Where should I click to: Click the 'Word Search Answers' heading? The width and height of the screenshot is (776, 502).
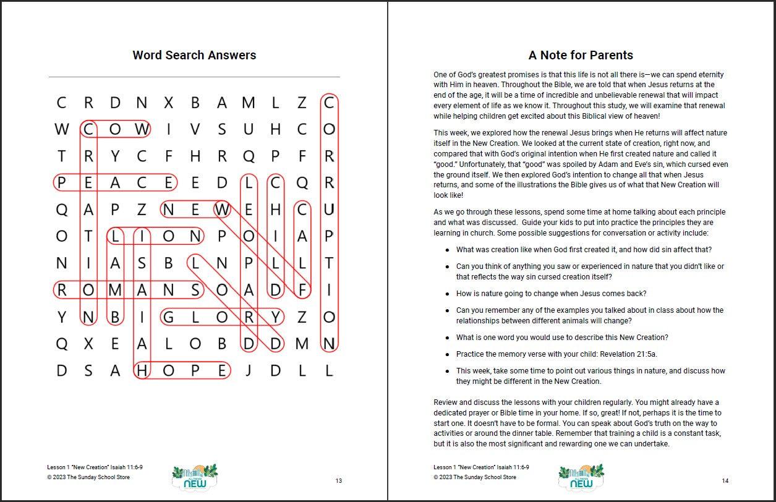(194, 55)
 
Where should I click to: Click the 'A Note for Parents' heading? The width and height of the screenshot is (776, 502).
(581, 55)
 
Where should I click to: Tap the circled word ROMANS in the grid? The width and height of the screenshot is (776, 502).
(129, 289)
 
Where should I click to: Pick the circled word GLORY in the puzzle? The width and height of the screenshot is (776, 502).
(222, 317)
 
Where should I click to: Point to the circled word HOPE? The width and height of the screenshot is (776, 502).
(182, 370)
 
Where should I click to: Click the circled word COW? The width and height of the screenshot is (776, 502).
(116, 129)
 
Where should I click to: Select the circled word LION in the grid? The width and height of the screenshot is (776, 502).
(155, 236)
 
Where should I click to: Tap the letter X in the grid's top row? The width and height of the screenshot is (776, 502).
(169, 103)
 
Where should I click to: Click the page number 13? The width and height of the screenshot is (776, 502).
(338, 481)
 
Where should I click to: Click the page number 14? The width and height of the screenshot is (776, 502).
(725, 481)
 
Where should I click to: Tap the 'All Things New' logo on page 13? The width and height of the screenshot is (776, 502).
(194, 476)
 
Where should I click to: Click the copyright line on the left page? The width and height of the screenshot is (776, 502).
(88, 477)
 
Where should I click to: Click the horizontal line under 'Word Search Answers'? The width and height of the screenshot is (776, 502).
(194, 77)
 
